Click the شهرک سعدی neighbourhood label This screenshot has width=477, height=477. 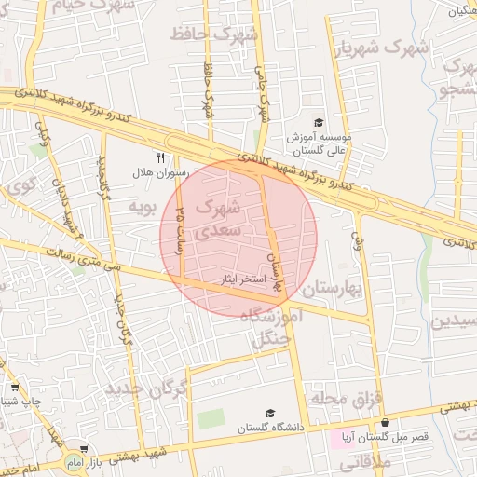click(221, 216)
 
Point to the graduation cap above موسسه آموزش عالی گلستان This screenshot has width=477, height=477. click(318, 122)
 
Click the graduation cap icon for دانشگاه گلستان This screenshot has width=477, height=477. click(270, 413)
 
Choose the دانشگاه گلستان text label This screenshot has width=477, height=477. click(270, 428)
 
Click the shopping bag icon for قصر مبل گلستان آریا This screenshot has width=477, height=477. click(385, 422)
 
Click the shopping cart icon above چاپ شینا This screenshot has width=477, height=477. click(14, 387)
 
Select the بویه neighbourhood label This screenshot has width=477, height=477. click(139, 205)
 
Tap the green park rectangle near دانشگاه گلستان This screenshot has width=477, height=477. click(211, 418)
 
